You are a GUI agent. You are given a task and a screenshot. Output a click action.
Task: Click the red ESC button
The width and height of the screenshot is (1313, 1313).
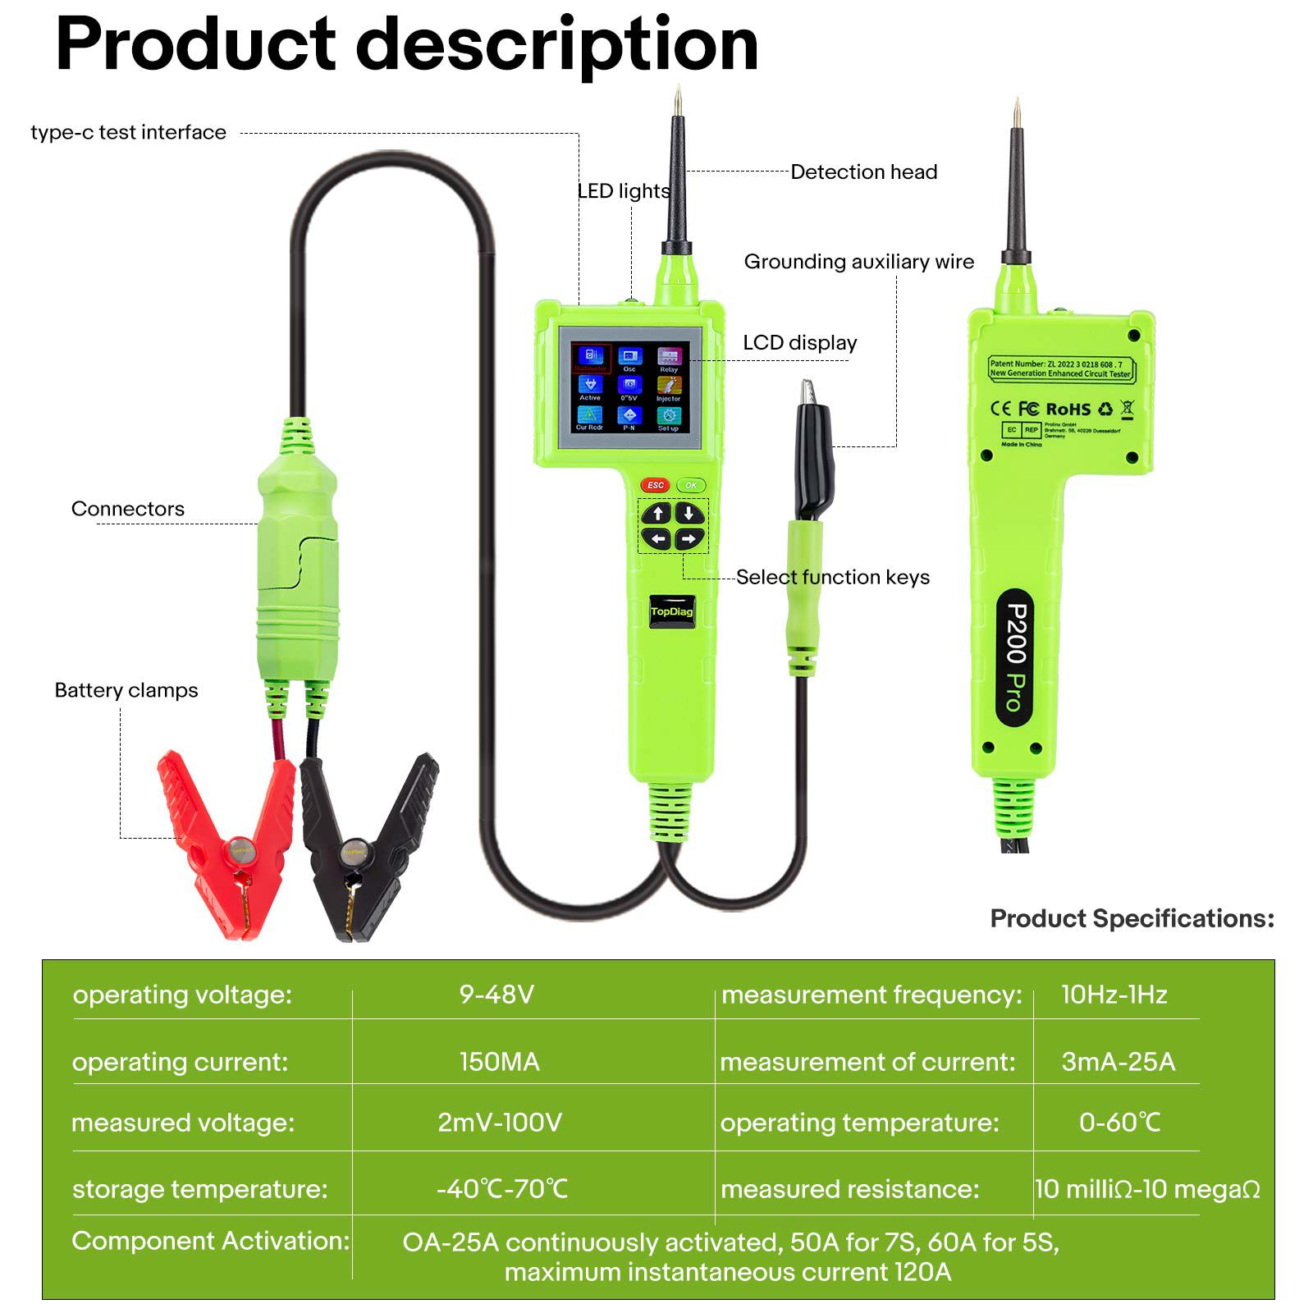(655, 485)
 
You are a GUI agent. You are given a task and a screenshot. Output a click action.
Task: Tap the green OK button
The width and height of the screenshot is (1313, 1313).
(691, 485)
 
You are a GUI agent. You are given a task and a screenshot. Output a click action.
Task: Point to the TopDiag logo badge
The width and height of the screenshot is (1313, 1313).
(671, 611)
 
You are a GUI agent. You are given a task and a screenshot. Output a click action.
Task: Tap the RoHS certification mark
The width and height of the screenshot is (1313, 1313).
(1068, 409)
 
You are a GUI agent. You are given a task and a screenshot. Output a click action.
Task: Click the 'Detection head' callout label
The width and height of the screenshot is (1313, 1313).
(863, 172)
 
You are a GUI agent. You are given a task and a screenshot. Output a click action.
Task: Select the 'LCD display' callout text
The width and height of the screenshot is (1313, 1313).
(799, 342)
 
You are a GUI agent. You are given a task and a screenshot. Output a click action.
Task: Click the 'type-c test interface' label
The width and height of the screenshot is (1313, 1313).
(128, 132)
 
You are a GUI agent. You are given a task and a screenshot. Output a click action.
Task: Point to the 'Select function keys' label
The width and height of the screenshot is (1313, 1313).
(832, 577)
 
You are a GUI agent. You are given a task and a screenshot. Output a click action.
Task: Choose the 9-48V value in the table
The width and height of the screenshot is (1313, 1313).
(496, 995)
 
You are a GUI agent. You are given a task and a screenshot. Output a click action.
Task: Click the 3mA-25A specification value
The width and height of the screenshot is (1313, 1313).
(1118, 1062)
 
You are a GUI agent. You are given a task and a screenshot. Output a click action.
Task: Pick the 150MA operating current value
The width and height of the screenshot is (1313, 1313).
(499, 1062)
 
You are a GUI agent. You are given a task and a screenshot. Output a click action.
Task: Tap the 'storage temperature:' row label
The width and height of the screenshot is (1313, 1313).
(199, 1189)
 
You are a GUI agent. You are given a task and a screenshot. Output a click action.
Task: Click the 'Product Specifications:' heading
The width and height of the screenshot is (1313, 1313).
(1132, 918)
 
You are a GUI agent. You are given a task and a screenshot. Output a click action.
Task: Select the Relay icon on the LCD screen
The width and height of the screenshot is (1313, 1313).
(669, 358)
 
